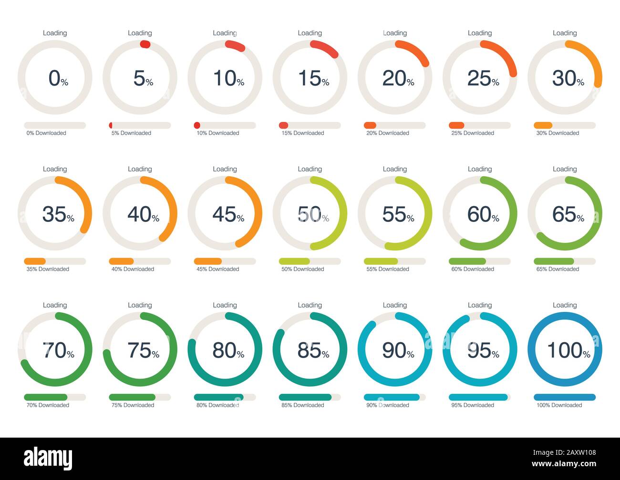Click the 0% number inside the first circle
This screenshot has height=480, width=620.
58,78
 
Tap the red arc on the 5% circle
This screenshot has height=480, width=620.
145,44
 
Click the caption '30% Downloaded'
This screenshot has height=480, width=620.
558,133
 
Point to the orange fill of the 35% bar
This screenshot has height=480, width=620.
35,261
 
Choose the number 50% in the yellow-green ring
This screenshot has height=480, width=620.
313,214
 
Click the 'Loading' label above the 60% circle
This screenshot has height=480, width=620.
479,169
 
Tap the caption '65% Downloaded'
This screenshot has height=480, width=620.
558,269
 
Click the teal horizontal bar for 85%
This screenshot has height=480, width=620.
305,397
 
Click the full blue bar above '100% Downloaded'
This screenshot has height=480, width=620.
564,397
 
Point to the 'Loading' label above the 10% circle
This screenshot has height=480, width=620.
225,33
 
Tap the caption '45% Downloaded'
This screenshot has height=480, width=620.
217,269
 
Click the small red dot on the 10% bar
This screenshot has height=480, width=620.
197,125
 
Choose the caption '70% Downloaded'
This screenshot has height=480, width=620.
48,405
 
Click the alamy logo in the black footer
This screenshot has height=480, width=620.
48,459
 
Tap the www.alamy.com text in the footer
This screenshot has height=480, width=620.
564,464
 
